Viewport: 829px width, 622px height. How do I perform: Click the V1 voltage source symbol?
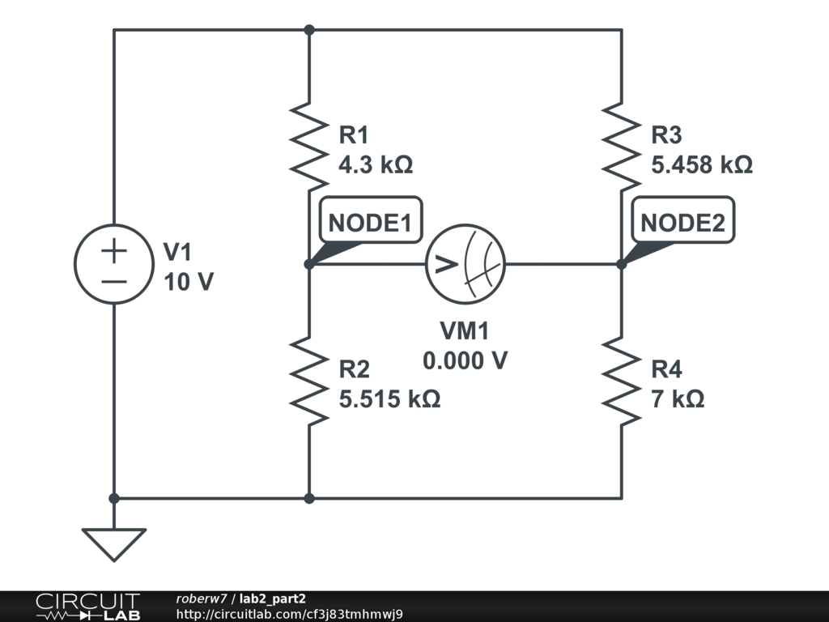114,264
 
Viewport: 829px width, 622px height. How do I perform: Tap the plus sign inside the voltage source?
114,250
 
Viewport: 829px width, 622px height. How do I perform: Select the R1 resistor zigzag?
309,147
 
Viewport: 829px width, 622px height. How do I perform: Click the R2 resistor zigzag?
309,381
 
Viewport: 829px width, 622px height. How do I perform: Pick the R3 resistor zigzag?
622,147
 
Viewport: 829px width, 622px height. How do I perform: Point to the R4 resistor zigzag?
622,381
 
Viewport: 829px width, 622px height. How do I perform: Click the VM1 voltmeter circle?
466,264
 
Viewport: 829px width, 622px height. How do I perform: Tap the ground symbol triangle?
113,544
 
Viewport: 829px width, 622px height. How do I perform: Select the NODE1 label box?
371,220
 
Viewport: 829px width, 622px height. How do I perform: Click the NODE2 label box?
682,220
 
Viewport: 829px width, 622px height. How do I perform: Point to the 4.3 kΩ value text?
376,165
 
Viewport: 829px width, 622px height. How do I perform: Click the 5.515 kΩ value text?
389,398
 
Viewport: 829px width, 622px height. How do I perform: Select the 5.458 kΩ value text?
702,165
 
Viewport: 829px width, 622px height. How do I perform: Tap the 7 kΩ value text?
678,398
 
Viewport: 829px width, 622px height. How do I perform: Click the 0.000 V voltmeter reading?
466,360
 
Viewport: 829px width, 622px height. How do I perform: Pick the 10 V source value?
189,282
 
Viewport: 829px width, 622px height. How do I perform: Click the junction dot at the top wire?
309,30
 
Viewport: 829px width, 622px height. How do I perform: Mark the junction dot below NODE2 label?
622,264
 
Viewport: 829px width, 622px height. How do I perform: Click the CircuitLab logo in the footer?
87,606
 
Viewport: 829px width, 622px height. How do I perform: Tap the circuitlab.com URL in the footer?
290,614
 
